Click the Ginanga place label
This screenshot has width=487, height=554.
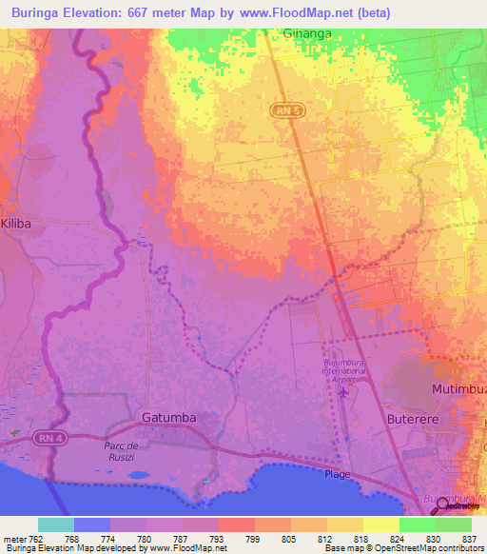tap(308, 33)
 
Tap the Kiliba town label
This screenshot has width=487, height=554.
tap(16, 222)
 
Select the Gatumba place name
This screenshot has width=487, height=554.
tap(167, 417)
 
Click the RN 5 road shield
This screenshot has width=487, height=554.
tap(277, 111)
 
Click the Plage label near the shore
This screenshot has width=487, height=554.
tap(338, 474)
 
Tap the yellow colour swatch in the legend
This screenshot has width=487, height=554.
tap(381, 524)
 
